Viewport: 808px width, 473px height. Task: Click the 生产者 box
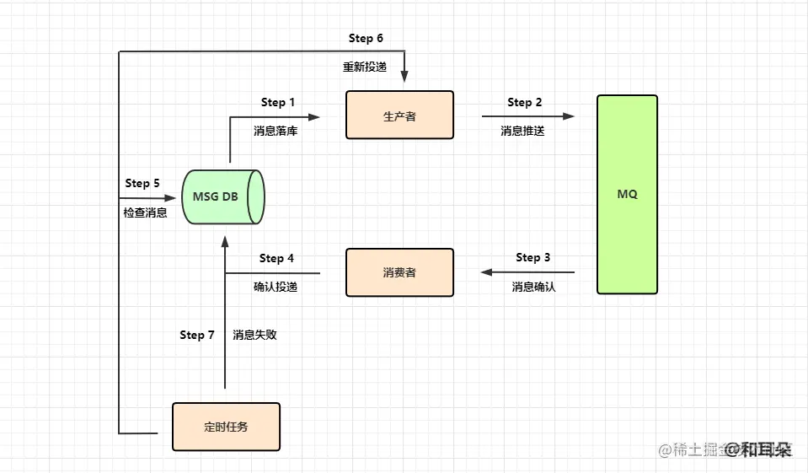(399, 116)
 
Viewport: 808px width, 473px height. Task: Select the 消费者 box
(399, 272)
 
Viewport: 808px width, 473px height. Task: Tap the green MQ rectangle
(627, 194)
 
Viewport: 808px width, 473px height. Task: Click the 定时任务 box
(226, 427)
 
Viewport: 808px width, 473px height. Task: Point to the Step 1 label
(278, 102)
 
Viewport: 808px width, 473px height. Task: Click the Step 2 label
(525, 102)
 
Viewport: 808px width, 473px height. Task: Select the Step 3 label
(533, 257)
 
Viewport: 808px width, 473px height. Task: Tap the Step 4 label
(276, 258)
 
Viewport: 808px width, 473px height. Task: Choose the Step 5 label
(142, 183)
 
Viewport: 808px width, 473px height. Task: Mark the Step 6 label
(367, 39)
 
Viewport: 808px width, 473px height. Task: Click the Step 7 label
(197, 335)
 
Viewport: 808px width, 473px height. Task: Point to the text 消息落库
(276, 131)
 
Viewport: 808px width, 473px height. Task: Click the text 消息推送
(522, 131)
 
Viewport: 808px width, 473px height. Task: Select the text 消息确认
(533, 287)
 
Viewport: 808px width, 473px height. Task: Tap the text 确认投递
(276, 287)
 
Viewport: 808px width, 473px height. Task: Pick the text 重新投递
(365, 67)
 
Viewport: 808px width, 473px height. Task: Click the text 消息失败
(254, 335)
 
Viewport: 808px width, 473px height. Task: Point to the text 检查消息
(145, 212)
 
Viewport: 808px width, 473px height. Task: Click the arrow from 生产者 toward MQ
(527, 116)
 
